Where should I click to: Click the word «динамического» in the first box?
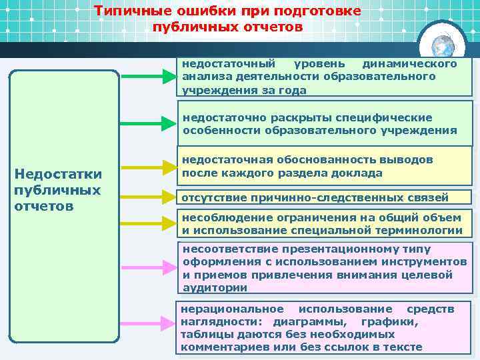coord(409,64)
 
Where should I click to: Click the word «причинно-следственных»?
coord(324,197)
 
